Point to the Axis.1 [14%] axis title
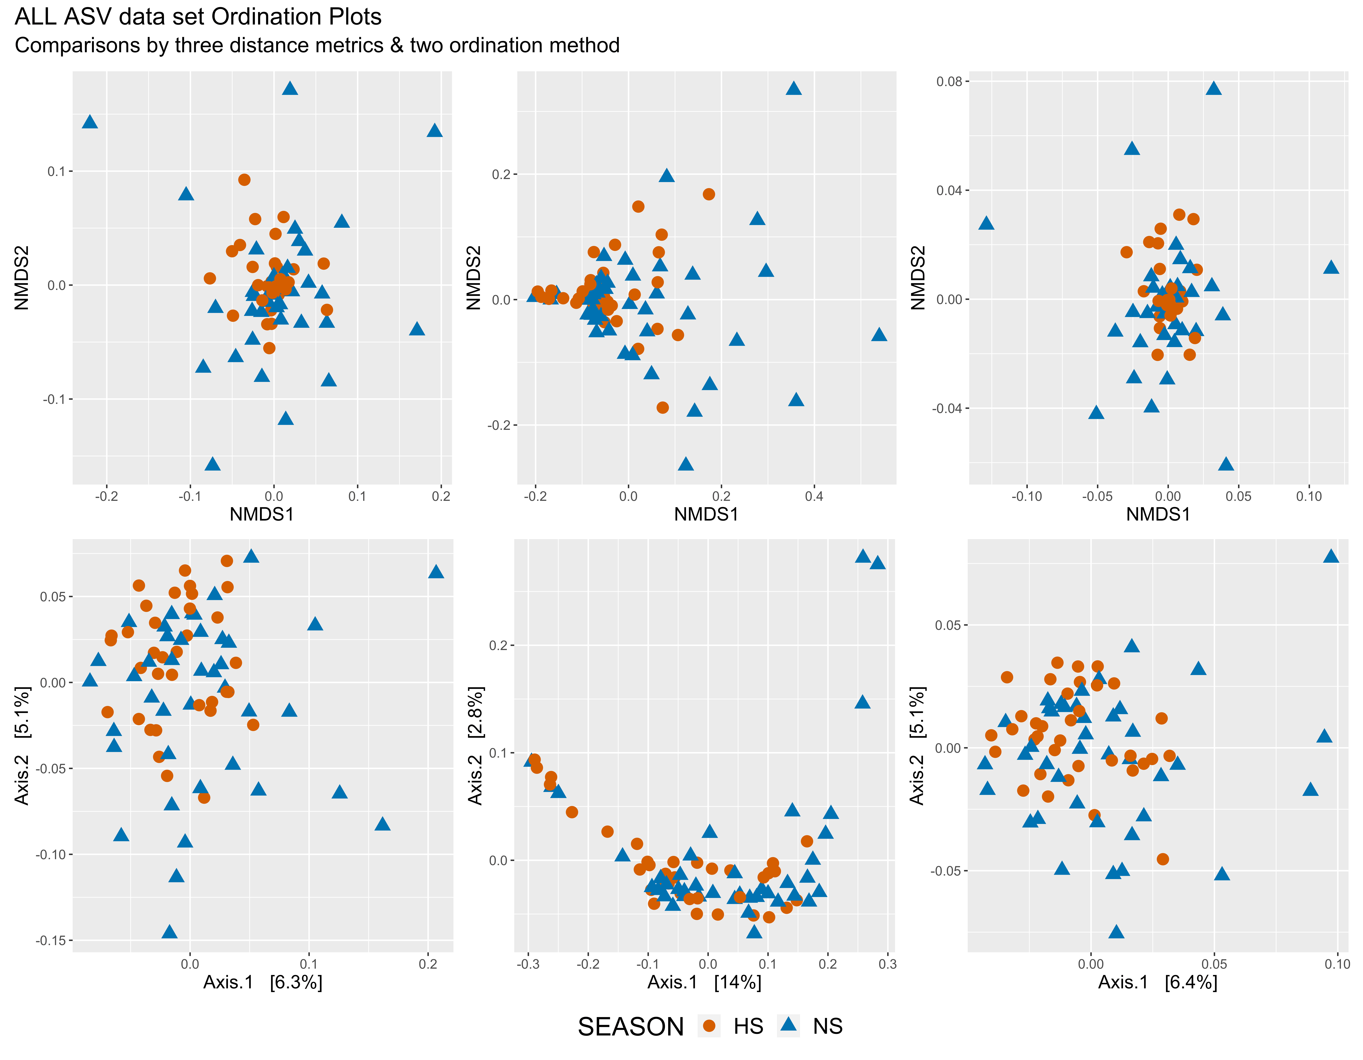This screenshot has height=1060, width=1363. pos(704,983)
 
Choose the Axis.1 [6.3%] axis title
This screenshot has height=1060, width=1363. pos(263,983)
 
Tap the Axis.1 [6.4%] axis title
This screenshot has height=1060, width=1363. pos(1158,983)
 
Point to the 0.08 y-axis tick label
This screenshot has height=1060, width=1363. pos(949,82)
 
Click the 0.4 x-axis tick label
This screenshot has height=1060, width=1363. pos(814,497)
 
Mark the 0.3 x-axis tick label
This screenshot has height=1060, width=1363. pos(887,964)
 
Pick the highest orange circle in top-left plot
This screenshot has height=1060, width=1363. pos(244,180)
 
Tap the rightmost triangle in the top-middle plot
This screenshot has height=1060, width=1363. pos(879,334)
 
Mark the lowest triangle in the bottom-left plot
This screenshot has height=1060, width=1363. pos(169,931)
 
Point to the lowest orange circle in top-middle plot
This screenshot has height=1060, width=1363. pos(663,407)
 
